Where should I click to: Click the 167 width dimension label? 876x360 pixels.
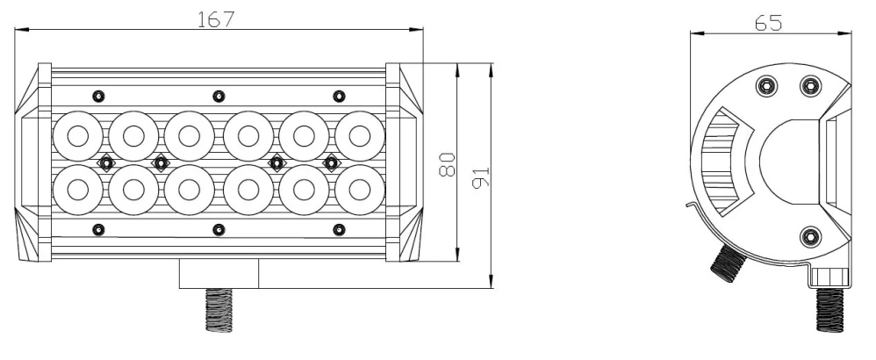pos(216,18)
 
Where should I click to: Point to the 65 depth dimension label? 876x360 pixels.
pos(769,23)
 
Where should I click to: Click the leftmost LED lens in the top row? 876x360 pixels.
pos(76,136)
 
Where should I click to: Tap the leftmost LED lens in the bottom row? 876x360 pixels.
pos(76,189)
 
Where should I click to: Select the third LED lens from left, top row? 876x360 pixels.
pos(189,136)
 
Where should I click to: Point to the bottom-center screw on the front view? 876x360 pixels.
pos(218,230)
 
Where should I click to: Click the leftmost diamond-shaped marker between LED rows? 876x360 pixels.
pos(104,162)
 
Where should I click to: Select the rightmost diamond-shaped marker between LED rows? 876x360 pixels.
pos(331,162)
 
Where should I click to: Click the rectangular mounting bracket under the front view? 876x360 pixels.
pos(219,274)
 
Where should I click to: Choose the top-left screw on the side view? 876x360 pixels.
pos(768,85)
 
